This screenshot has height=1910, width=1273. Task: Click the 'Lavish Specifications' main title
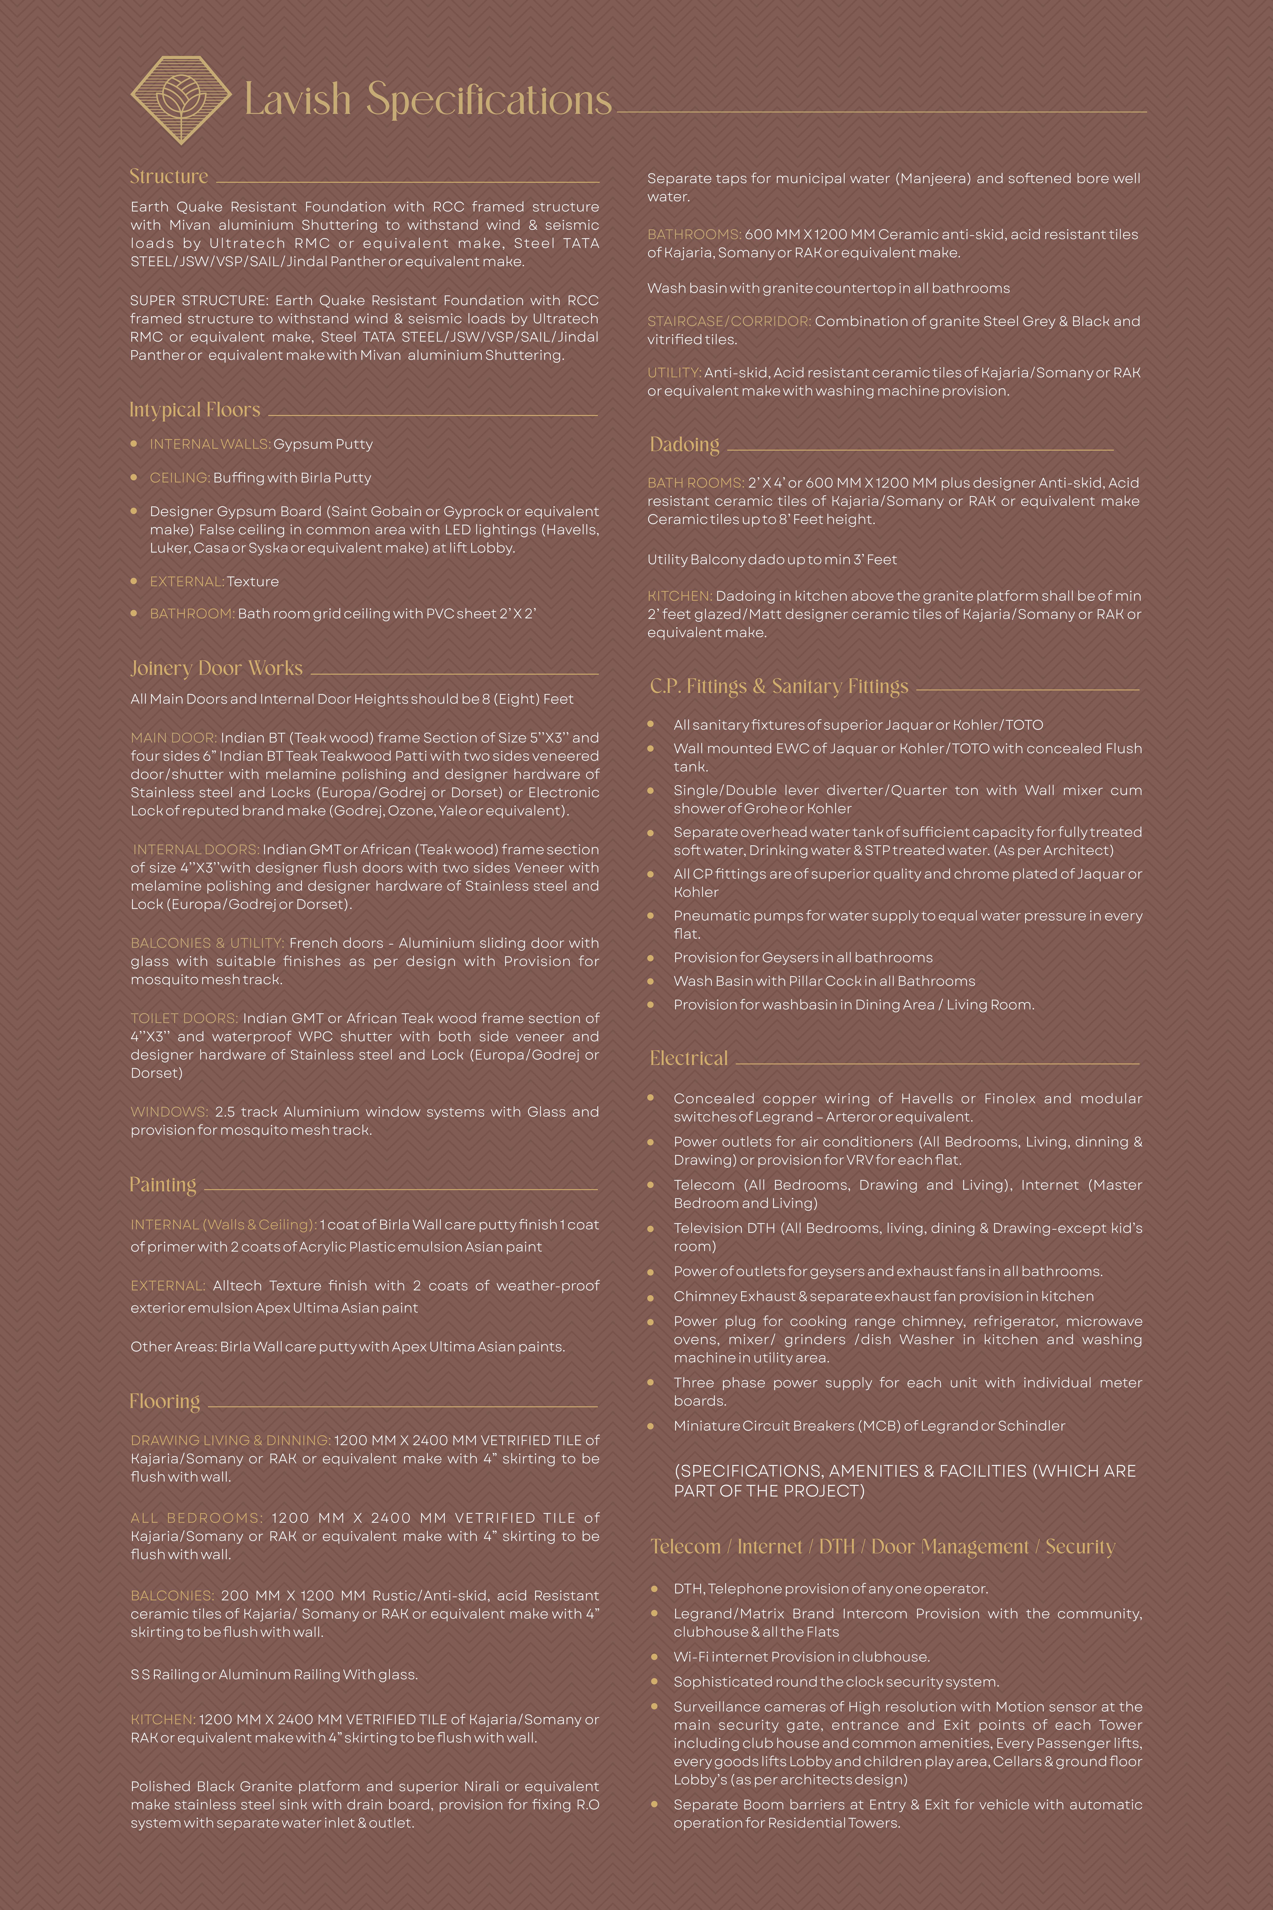[x=428, y=100]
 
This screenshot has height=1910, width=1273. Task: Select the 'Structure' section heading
[x=169, y=176]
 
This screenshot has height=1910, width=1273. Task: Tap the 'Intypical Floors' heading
[x=195, y=410]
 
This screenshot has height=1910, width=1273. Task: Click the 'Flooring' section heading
[x=165, y=1402]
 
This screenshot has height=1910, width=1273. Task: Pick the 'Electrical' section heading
[x=688, y=1058]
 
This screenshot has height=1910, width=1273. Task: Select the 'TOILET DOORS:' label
[x=184, y=1018]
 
